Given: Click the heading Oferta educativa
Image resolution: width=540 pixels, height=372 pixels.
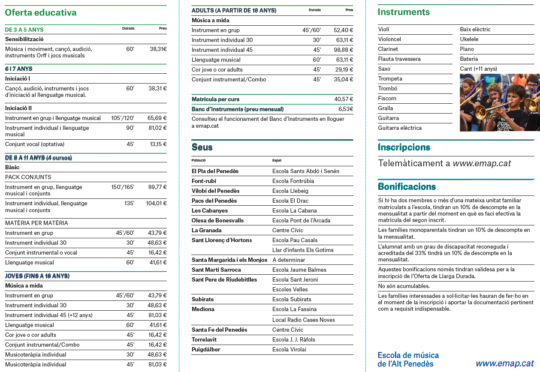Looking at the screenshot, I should [x=41, y=13].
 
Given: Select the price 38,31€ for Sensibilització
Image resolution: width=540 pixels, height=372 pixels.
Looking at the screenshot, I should [x=158, y=49].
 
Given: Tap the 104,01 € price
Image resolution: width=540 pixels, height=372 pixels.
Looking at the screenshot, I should [x=156, y=204].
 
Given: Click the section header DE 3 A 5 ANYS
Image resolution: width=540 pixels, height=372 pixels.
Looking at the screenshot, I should [x=24, y=30].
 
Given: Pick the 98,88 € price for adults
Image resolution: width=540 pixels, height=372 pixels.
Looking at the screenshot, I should [x=343, y=50].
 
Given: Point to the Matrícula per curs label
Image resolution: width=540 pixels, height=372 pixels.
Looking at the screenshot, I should [x=215, y=99].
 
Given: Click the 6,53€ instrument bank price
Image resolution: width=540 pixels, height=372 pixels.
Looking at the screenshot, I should [x=346, y=109].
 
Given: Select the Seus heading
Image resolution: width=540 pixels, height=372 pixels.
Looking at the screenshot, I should [x=202, y=147].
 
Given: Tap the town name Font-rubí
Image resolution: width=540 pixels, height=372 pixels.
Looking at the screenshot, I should [x=205, y=181].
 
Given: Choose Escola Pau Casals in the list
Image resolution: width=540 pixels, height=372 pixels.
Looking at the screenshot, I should [x=295, y=240].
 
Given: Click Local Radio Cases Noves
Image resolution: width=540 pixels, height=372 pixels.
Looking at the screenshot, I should [x=303, y=320].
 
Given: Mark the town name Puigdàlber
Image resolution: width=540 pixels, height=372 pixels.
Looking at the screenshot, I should [x=206, y=350].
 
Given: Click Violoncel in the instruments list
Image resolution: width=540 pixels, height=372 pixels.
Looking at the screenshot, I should [x=389, y=39].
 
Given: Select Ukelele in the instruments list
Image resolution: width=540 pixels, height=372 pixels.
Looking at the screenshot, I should [x=469, y=39].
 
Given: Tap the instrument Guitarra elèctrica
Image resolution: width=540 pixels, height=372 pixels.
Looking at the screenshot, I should [x=400, y=128].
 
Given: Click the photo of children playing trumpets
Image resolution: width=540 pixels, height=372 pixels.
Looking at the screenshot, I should [x=500, y=102].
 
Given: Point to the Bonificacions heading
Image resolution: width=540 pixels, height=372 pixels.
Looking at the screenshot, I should [x=407, y=187].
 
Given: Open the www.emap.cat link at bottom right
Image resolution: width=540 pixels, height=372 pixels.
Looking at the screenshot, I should [x=505, y=363].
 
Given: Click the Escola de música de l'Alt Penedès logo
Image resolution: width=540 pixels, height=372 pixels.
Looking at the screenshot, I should [x=408, y=360].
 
